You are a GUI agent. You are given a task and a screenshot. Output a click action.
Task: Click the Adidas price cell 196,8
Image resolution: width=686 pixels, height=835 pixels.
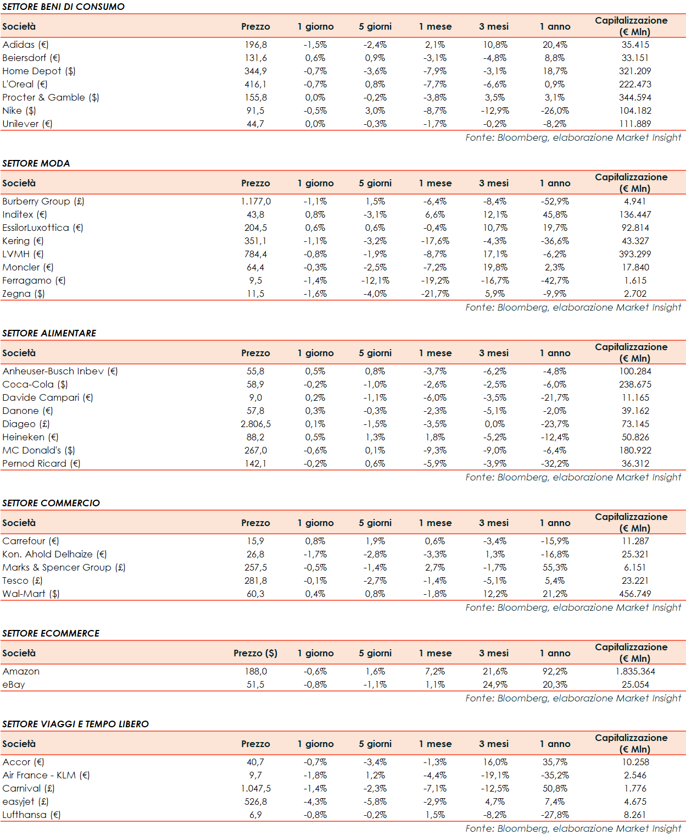[255, 45]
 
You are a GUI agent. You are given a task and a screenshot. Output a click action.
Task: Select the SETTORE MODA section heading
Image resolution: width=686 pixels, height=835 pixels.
[36, 163]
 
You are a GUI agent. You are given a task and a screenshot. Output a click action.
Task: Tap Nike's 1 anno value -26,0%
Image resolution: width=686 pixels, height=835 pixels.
[555, 110]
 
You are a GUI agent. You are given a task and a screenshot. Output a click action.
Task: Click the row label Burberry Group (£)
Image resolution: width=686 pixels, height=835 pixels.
[43, 201]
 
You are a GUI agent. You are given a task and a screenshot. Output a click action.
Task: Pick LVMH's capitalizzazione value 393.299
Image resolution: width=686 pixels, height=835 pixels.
[635, 254]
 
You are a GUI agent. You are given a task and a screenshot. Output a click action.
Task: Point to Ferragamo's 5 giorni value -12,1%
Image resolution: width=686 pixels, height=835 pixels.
[375, 280]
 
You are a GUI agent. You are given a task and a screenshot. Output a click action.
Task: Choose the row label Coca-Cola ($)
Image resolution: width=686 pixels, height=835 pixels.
[35, 384]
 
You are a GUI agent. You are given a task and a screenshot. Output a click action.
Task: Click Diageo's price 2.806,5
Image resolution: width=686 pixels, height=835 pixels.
[255, 424]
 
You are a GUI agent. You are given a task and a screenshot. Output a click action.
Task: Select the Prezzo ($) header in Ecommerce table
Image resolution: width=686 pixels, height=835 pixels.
[255, 653]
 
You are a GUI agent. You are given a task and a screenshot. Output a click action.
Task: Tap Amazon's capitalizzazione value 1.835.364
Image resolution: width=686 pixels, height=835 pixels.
[635, 671]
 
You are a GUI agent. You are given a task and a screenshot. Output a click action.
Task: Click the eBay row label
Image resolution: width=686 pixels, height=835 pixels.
[14, 684]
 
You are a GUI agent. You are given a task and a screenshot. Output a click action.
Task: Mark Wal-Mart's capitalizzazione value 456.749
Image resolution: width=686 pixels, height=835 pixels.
[635, 594]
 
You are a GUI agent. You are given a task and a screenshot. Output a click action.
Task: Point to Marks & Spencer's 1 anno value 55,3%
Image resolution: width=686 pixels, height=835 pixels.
[555, 567]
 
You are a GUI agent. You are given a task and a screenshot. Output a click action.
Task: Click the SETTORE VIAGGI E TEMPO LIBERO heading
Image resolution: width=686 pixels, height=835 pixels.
[76, 724]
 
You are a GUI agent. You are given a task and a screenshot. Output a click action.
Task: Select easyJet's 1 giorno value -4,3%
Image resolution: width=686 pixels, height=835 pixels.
[315, 801]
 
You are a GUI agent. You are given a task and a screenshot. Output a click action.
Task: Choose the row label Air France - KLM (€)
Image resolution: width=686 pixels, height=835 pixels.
[46, 775]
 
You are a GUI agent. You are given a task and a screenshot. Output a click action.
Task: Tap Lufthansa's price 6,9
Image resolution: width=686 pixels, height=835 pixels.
[255, 815]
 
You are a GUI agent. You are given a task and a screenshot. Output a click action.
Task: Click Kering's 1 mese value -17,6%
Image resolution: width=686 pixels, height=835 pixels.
[436, 241]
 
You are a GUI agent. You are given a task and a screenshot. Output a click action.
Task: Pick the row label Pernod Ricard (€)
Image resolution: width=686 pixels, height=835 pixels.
[41, 463]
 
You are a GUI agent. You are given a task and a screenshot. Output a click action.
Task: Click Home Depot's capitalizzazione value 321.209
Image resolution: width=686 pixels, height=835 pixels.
[635, 71]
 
